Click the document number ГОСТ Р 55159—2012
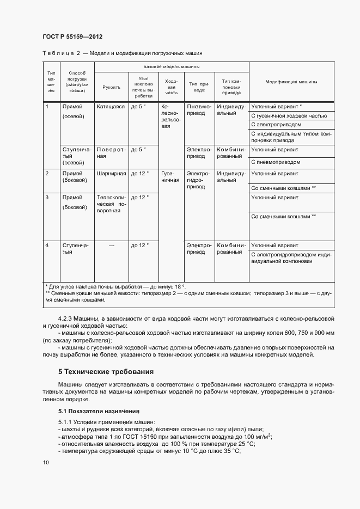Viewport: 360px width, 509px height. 72,37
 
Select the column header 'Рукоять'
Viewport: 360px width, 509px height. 111,87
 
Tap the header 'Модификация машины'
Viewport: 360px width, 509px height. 291,82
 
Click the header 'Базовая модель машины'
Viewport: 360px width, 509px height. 171,66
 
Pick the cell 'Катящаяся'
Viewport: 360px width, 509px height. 111,107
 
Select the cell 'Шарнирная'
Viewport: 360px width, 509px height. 111,174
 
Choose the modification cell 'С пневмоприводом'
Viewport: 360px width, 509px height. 276,162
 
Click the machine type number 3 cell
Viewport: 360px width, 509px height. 48,198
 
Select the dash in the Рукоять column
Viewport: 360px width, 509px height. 111,246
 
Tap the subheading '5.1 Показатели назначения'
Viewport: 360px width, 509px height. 99,411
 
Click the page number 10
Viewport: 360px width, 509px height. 46,463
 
